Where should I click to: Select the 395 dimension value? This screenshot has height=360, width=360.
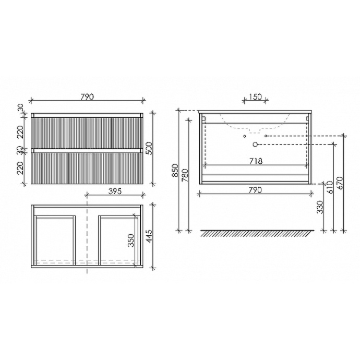[115, 191]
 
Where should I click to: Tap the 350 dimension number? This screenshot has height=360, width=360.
[131, 240]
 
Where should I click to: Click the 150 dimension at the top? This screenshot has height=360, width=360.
[256, 97]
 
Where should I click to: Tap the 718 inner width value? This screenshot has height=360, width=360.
[256, 161]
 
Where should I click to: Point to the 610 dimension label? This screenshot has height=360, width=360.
[329, 187]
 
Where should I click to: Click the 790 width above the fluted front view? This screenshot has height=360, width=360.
[87, 97]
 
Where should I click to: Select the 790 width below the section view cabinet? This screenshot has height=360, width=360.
[256, 190]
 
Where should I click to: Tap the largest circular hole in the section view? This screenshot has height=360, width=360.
[255, 144]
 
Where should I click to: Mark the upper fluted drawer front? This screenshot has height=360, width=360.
[87, 132]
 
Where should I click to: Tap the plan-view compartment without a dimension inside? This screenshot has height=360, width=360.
[55, 240]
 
